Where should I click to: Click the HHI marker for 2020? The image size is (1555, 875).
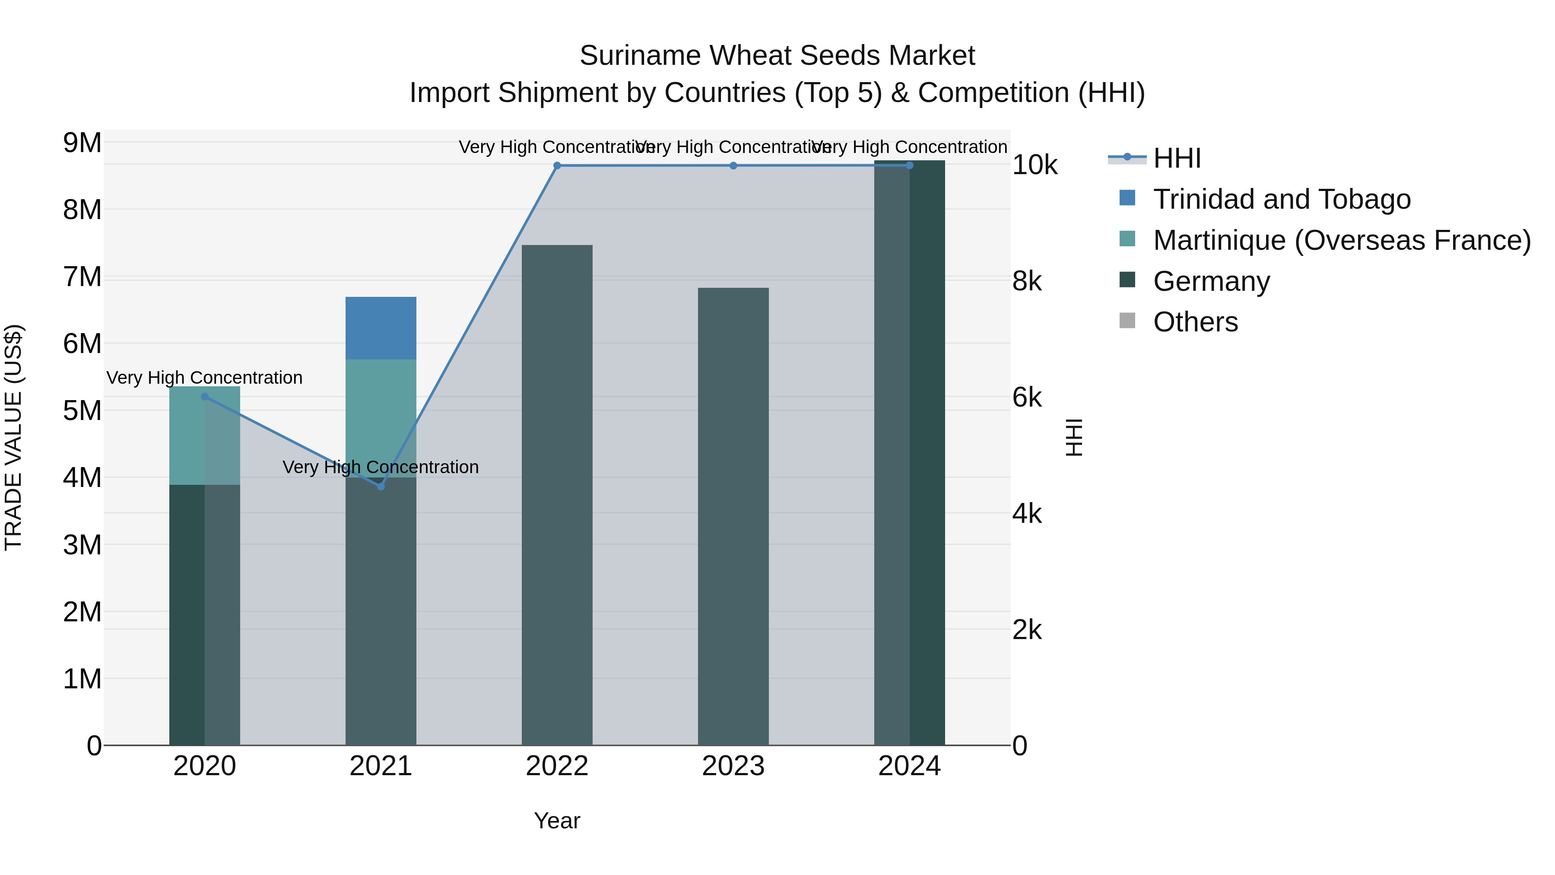click(x=205, y=397)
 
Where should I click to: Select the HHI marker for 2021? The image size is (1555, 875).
click(x=381, y=487)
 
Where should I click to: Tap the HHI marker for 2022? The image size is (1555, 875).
click(x=557, y=165)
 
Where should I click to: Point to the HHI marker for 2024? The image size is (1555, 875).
click(x=910, y=165)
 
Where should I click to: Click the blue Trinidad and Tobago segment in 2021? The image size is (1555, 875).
click(x=381, y=328)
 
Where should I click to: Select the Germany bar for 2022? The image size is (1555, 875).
click(x=557, y=495)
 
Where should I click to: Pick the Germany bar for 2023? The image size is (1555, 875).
click(x=733, y=516)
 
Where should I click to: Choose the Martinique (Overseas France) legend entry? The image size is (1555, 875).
click(x=1341, y=240)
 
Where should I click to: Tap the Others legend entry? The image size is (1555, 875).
click(x=1195, y=322)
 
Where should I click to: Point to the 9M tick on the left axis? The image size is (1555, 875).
click(x=82, y=143)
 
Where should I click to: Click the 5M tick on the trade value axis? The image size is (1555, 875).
click(x=82, y=410)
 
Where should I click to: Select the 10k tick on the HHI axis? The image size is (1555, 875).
click(x=1035, y=165)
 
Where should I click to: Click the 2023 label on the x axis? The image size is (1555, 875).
click(x=733, y=766)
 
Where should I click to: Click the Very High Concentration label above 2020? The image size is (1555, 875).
click(x=205, y=378)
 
